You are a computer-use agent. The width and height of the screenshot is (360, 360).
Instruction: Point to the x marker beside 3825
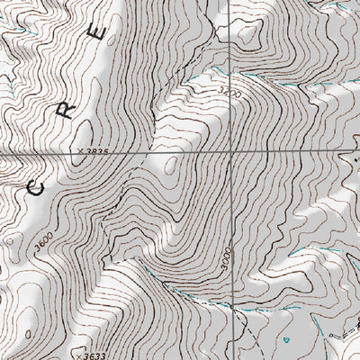click(79, 152)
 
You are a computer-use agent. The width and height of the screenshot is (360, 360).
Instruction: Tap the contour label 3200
click(230, 93)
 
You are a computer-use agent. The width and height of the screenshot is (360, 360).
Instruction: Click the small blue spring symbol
click(284, 340)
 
